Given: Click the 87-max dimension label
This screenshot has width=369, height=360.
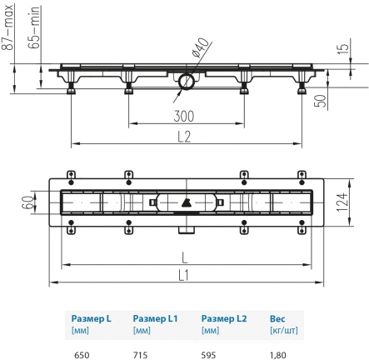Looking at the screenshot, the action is coord(8,27).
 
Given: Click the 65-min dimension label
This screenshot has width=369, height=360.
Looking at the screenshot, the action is coord(34,27).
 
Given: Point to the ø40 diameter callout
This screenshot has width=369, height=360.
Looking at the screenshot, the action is coord(200,47).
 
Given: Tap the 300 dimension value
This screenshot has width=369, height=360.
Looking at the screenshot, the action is coord(184,117).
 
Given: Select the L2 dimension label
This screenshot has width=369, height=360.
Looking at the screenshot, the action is coord(184,137).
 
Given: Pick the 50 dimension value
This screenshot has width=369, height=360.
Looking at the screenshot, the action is coord(320,101).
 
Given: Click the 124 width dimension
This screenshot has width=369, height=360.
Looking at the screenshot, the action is coord(342,202).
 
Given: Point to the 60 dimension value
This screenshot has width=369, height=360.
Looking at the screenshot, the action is coord(27,202).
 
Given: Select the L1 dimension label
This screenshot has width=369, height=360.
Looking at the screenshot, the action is coord(183,276).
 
